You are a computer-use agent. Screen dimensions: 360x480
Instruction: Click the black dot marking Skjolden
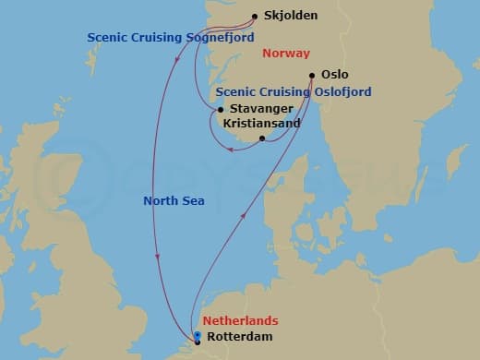[255, 16]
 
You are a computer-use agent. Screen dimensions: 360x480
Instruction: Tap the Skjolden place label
[290, 17]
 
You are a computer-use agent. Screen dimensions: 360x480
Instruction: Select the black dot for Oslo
[312, 76]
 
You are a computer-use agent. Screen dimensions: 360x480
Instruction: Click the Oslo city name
[335, 75]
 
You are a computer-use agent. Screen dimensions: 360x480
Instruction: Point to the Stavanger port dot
[220, 110]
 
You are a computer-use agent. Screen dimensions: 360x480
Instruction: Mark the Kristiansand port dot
[263, 139]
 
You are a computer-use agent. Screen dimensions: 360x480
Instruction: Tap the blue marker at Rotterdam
[198, 335]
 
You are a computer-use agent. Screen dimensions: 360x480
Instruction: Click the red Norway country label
[286, 54]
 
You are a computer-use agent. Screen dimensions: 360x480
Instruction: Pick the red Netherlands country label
[240, 320]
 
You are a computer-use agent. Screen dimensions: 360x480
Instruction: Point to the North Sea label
[174, 200]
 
